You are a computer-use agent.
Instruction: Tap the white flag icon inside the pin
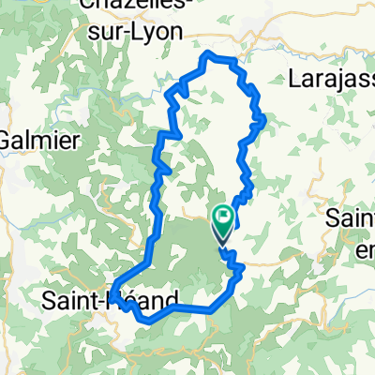[224, 219]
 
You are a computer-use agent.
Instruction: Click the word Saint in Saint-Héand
[71, 301]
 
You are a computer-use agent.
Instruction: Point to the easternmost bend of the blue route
[266, 118]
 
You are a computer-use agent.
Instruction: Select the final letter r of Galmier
[78, 139]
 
